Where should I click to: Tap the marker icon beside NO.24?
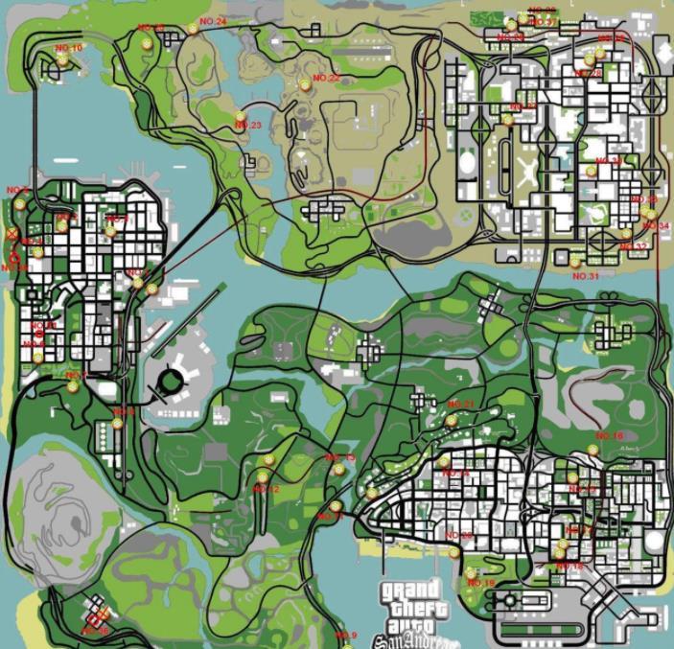tap(193, 29)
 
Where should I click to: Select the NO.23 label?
tap(247, 126)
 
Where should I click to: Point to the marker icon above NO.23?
tap(240, 116)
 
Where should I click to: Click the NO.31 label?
tap(585, 276)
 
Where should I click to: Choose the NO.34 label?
tap(657, 226)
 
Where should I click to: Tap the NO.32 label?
tap(634, 246)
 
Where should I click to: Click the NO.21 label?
tap(461, 405)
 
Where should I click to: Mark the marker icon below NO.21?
tap(450, 420)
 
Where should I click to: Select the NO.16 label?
tap(609, 436)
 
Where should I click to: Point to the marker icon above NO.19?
tap(471, 573)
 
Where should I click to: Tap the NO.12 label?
tap(267, 490)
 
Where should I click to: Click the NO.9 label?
tap(345, 636)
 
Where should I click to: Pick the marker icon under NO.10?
tap(62, 59)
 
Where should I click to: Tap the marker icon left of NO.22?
tap(305, 85)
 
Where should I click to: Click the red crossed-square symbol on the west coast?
tap(12, 233)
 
